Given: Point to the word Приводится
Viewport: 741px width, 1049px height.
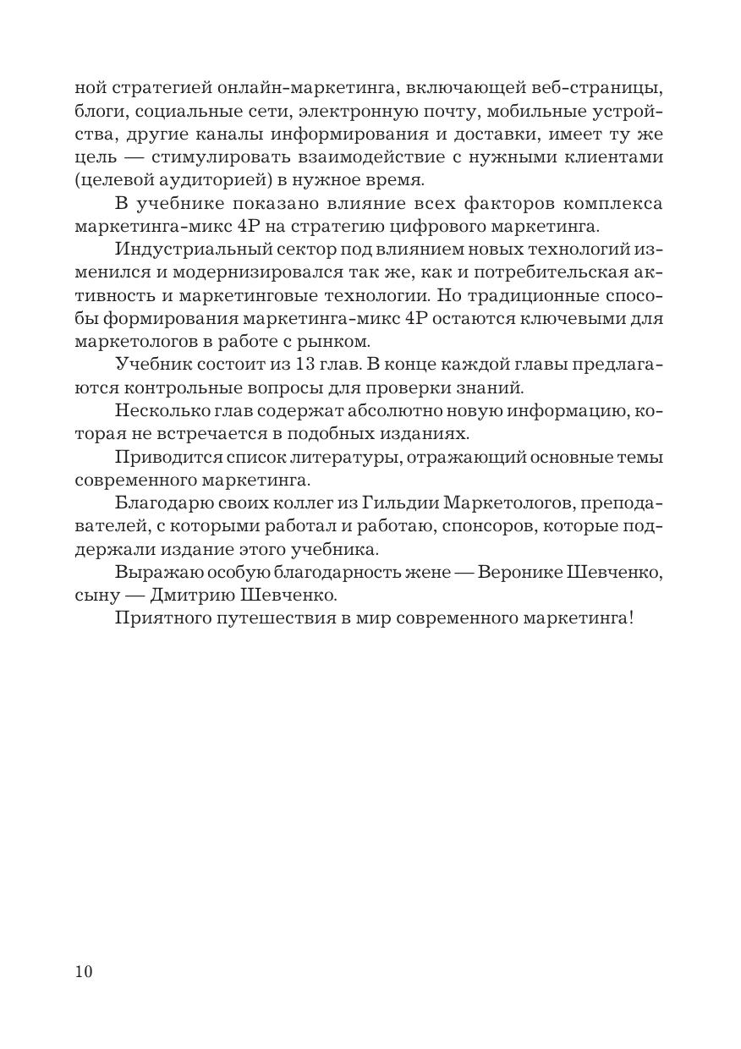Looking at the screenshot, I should point(165,458).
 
